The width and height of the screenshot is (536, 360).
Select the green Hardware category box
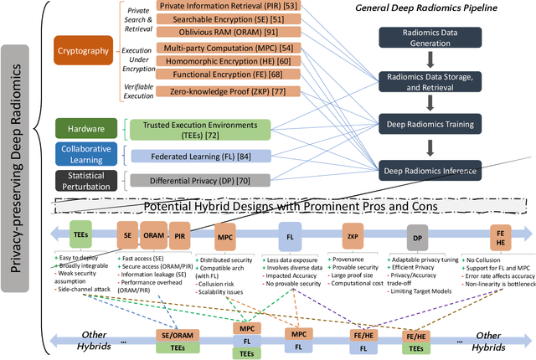point(85,128)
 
